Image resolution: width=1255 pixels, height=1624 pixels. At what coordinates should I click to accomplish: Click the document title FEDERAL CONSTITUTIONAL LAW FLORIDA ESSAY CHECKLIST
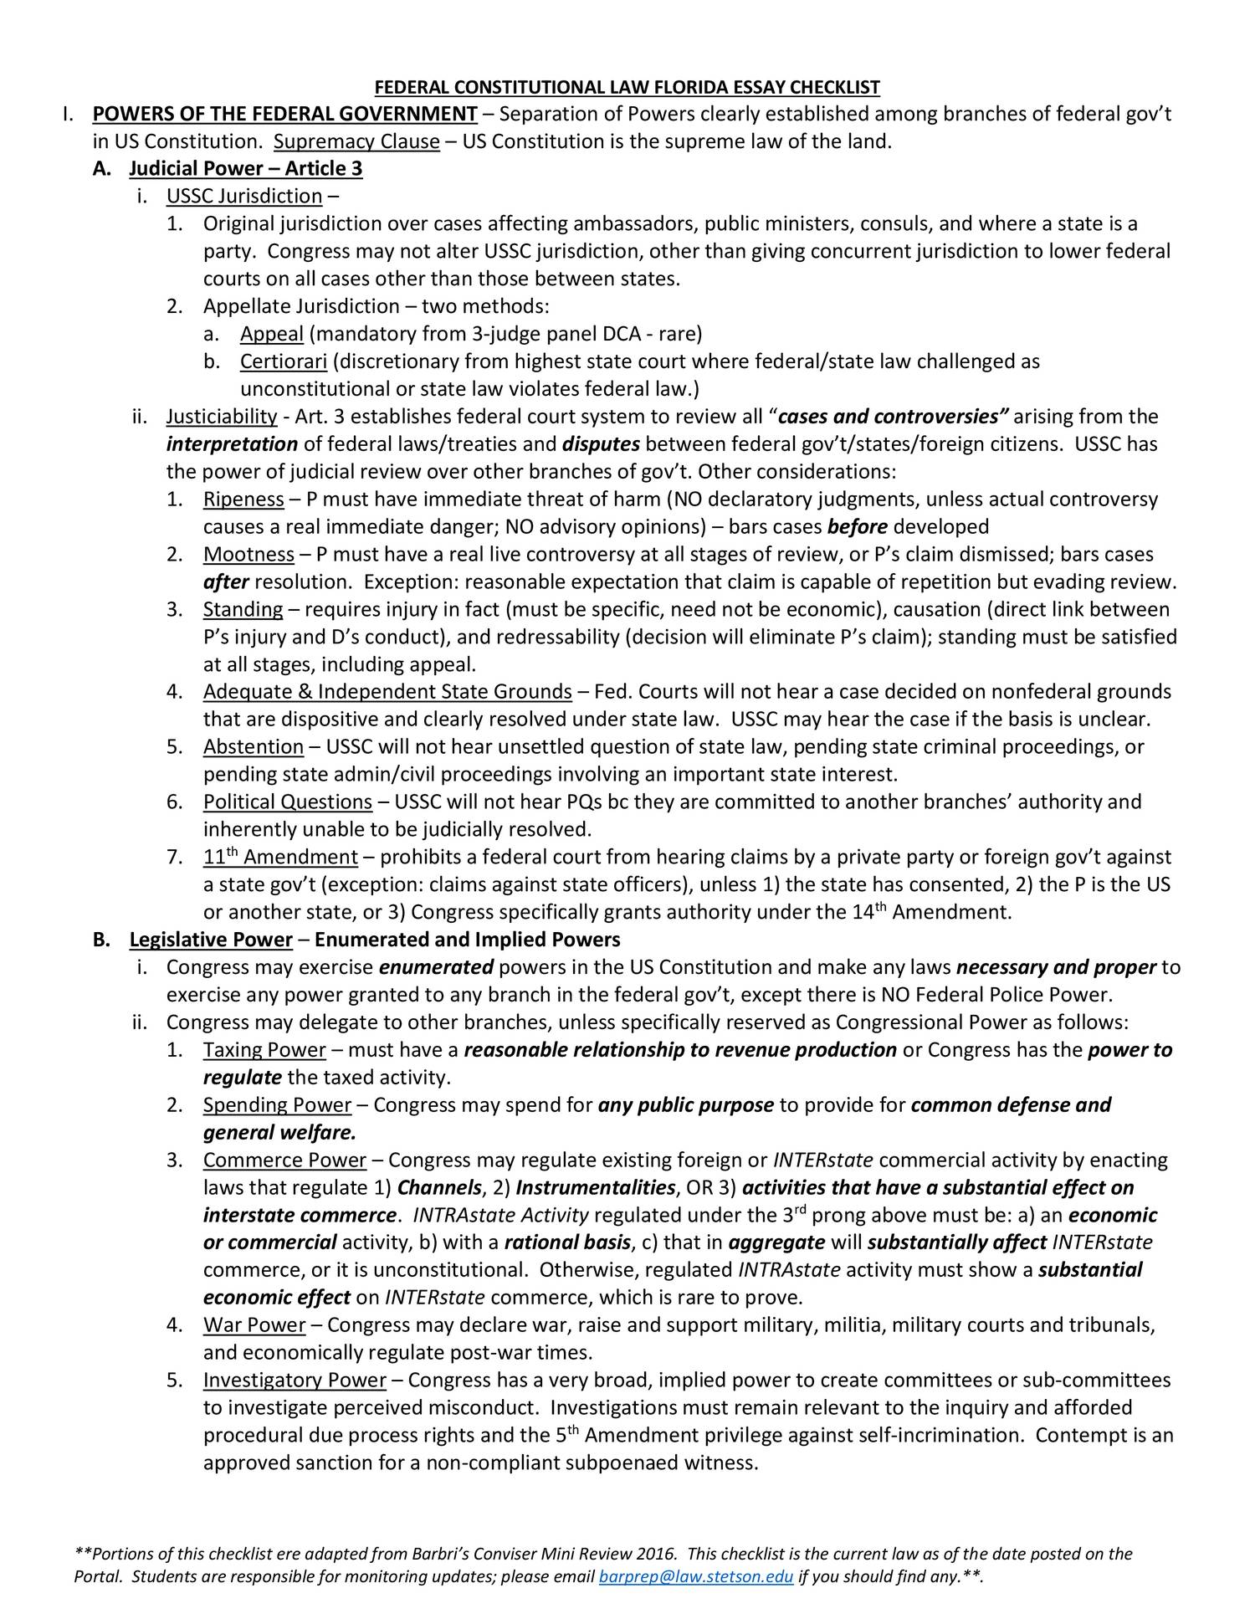(x=627, y=87)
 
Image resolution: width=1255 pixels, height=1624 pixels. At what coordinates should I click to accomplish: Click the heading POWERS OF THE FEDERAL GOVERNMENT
(x=284, y=115)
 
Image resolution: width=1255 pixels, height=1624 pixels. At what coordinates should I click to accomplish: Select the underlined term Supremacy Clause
(x=356, y=141)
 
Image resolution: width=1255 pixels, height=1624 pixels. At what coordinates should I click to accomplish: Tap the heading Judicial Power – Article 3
(x=246, y=169)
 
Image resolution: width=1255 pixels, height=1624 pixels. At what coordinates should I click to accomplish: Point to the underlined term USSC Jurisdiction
(x=244, y=197)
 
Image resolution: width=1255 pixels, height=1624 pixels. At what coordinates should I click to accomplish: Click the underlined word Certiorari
(x=283, y=362)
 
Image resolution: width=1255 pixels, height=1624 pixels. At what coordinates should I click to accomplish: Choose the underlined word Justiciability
(x=222, y=417)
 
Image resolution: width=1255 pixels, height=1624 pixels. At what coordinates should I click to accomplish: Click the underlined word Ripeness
(x=243, y=499)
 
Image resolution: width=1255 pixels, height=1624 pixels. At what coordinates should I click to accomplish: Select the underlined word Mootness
(x=248, y=555)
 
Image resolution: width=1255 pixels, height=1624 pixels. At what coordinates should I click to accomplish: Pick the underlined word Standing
(x=243, y=609)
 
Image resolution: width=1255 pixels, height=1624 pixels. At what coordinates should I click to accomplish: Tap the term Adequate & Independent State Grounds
(x=387, y=692)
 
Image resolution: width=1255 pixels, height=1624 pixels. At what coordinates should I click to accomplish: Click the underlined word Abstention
(x=253, y=746)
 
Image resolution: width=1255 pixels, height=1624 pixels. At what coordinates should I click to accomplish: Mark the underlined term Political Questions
(x=287, y=802)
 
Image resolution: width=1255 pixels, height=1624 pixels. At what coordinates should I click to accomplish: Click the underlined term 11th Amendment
(x=280, y=858)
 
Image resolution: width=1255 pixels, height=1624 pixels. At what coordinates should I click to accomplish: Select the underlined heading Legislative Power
(x=211, y=940)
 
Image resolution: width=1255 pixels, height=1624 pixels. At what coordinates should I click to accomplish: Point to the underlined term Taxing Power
(x=264, y=1050)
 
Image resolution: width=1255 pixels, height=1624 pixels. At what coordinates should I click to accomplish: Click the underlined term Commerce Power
(x=284, y=1160)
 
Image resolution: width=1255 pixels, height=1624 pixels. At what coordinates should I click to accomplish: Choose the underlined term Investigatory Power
(x=295, y=1380)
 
